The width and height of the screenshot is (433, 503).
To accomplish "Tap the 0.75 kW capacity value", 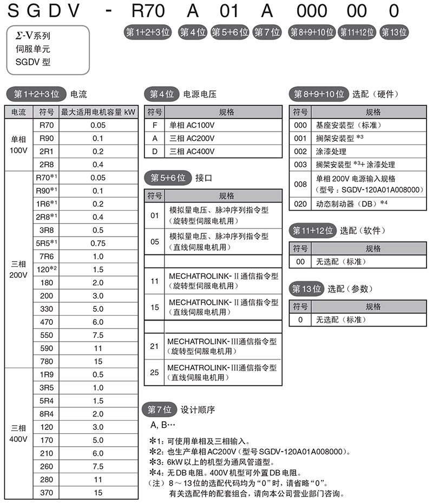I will (98, 243).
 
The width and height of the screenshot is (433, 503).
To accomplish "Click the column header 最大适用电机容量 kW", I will (98, 112).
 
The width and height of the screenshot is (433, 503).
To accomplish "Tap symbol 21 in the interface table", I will (154, 346).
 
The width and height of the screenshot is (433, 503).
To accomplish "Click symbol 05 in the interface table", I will (154, 241).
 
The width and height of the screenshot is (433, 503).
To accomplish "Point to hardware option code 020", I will (300, 204).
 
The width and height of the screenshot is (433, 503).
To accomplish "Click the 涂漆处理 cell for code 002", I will (331, 151).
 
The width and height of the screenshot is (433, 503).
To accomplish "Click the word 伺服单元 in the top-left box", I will (32, 49).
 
